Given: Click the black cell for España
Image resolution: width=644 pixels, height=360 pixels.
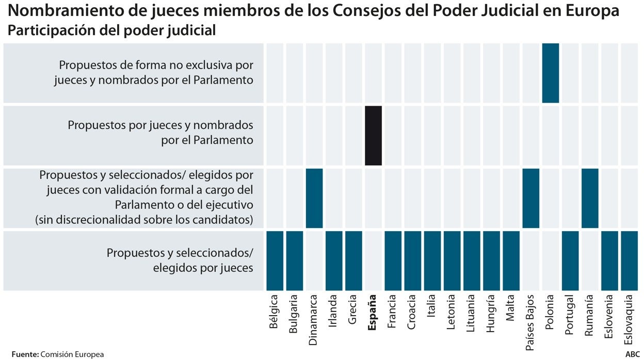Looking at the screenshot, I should pyautogui.click(x=373, y=136).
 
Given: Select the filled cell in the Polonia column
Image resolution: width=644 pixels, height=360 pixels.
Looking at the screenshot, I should pyautogui.click(x=551, y=73).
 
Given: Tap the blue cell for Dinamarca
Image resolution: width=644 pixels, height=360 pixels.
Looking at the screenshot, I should pyautogui.click(x=314, y=198).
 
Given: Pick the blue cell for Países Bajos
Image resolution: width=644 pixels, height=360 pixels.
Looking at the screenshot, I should pyautogui.click(x=531, y=198).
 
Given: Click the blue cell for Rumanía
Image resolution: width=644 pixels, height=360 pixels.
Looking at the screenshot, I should pyautogui.click(x=590, y=198).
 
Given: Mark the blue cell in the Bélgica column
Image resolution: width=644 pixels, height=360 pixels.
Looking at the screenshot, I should pyautogui.click(x=275, y=261).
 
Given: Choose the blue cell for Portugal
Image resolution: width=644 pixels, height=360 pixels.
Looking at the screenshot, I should pyautogui.click(x=570, y=261).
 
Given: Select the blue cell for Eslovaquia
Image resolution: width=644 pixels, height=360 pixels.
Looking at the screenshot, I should pyautogui.click(x=629, y=261).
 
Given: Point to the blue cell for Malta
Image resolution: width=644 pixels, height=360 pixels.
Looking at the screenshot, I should pyautogui.click(x=511, y=261).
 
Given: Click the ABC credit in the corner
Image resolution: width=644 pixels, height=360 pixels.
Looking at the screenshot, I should pyautogui.click(x=632, y=354).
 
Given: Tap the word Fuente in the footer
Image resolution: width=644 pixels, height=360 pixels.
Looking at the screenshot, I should pyautogui.click(x=24, y=354).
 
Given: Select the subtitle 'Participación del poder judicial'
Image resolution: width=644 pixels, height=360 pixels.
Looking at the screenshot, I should pyautogui.click(x=111, y=30).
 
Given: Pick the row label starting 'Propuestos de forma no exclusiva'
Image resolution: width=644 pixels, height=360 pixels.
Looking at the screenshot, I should pyautogui.click(x=154, y=73).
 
